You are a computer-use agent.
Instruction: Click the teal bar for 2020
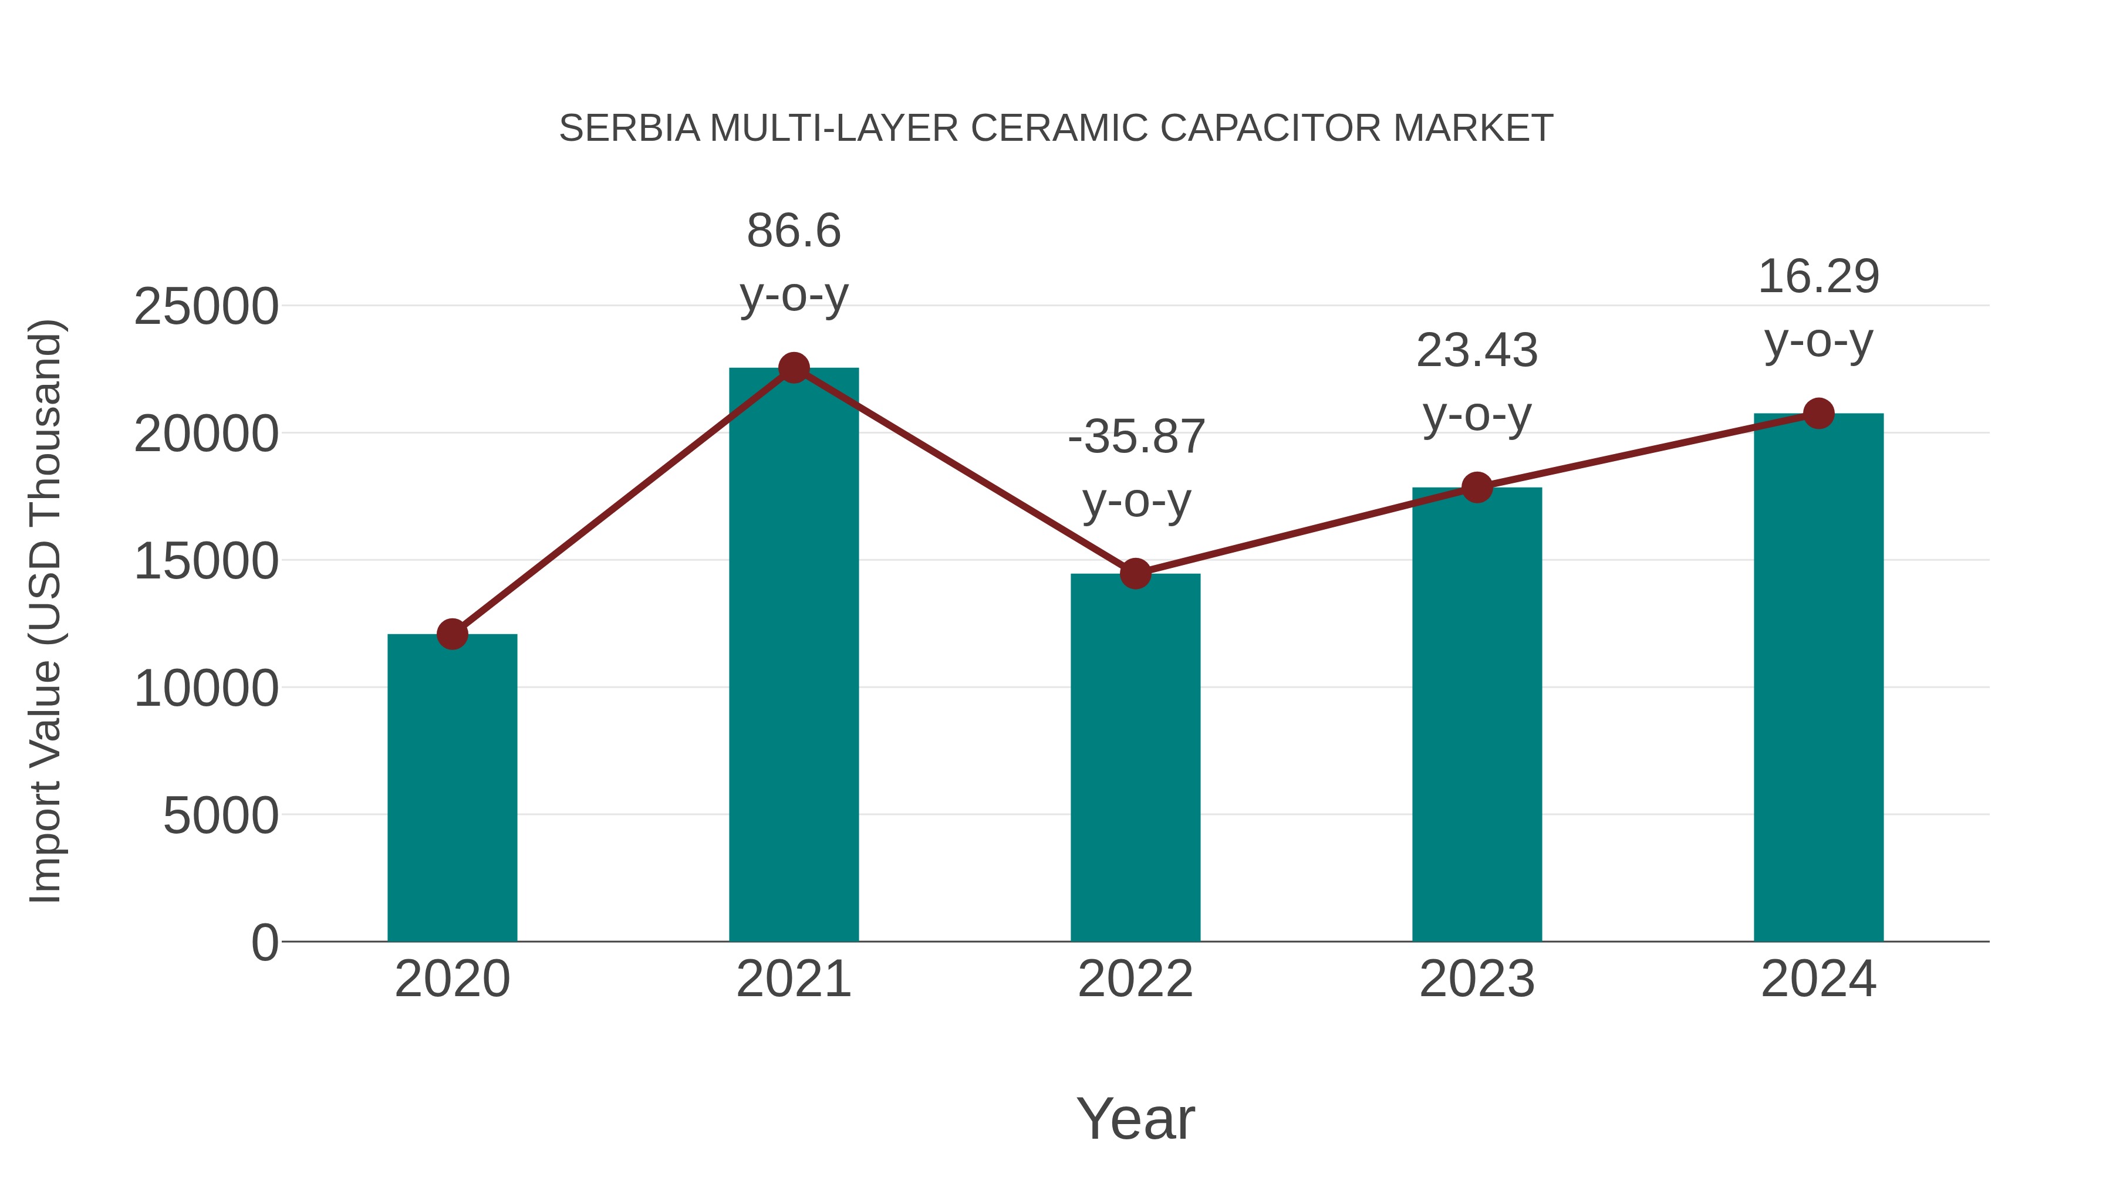point(452,787)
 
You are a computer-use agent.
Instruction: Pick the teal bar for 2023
point(1477,714)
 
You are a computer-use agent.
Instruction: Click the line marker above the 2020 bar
point(452,634)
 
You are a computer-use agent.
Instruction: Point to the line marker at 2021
point(793,368)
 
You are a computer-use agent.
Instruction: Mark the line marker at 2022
point(1135,574)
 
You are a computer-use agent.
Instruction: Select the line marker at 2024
point(1818,413)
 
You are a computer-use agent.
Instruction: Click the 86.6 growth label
point(793,231)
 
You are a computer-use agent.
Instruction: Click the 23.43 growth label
point(1477,351)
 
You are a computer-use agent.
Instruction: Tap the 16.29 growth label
point(1818,277)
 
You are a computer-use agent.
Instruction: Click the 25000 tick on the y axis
point(206,307)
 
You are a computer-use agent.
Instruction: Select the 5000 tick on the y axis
point(221,816)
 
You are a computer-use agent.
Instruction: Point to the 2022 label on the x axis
point(1135,979)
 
